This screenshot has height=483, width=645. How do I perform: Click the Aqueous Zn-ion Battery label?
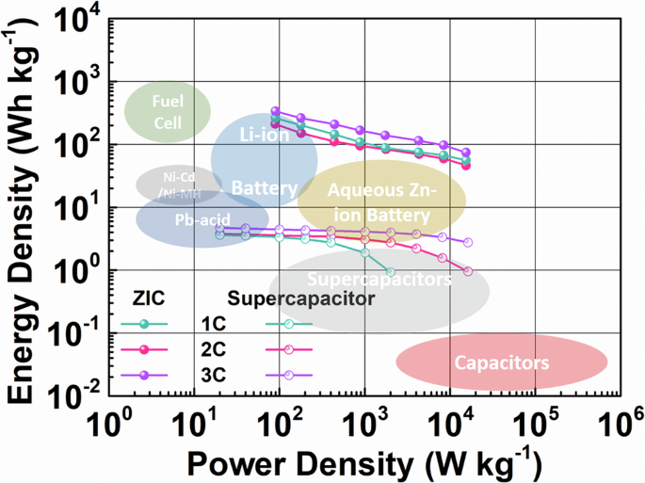tap(383, 201)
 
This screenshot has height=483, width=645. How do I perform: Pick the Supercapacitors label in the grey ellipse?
tap(379, 280)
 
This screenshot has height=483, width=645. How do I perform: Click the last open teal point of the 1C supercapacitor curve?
tap(390, 271)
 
